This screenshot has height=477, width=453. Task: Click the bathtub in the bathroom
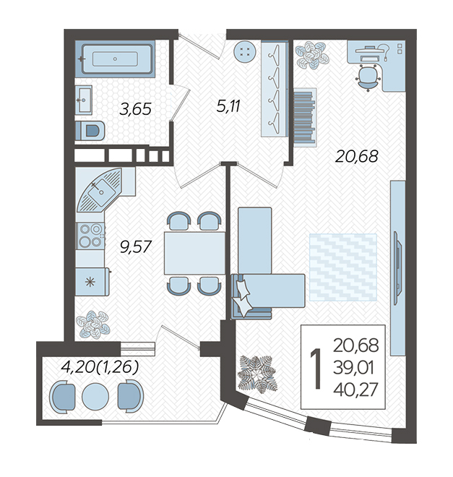click(x=117, y=59)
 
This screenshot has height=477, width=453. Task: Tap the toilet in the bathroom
click(x=90, y=131)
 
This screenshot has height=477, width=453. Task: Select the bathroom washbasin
click(x=84, y=100)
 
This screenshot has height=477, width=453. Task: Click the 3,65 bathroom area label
click(x=135, y=109)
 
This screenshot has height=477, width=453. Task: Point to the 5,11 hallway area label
click(x=228, y=106)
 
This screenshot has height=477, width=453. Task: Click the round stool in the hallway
click(x=245, y=51)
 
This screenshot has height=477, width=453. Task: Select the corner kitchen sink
click(x=100, y=191)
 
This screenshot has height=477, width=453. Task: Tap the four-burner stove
click(x=90, y=236)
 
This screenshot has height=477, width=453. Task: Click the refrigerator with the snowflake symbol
click(x=92, y=282)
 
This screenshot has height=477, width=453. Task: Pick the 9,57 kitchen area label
click(x=136, y=247)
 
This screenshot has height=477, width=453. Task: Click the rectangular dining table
click(x=194, y=253)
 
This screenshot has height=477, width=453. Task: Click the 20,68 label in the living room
click(x=357, y=156)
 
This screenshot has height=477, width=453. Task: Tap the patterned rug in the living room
click(x=343, y=267)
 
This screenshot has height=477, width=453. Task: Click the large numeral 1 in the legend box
click(x=316, y=369)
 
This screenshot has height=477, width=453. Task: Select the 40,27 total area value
click(x=355, y=390)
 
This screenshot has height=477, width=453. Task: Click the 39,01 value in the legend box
click(x=353, y=368)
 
